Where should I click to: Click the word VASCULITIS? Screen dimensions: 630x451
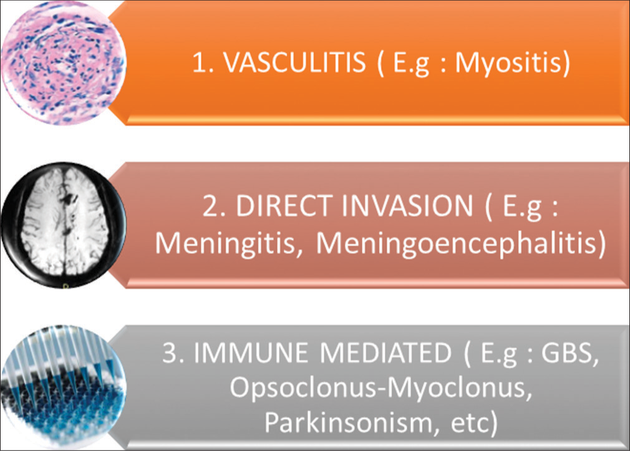pos(294,62)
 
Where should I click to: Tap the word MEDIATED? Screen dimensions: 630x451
pos(385,352)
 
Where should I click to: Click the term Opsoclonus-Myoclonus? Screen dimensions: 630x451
pos(378,388)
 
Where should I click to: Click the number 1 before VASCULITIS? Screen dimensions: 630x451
pos(201,63)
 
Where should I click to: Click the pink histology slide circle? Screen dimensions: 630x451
pos(63,63)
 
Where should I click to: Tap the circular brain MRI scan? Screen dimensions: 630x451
pos(63,225)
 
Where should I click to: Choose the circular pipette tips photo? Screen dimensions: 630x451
pos(63,387)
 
